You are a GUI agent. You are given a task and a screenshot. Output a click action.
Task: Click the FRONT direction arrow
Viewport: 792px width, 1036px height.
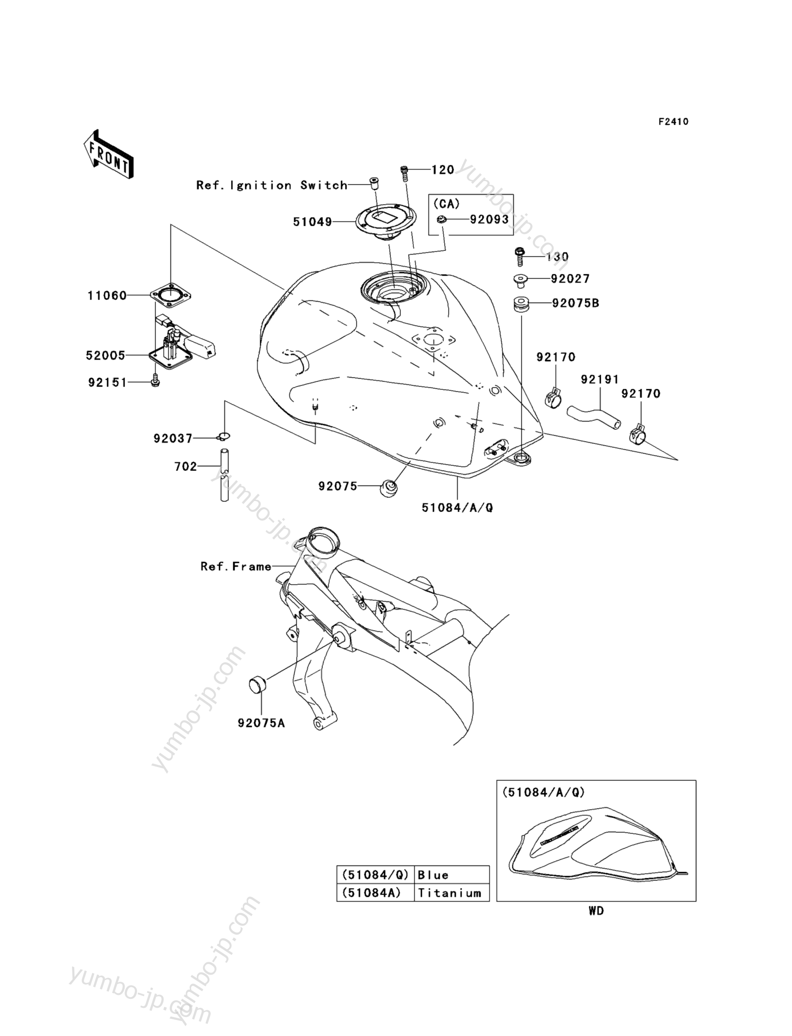[x=108, y=154]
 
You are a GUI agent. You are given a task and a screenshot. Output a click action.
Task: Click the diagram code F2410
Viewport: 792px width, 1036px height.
[x=673, y=121]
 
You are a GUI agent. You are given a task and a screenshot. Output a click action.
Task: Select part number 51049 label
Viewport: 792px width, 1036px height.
[x=313, y=222]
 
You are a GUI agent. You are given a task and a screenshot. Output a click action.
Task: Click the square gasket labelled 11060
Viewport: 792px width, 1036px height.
[x=171, y=296]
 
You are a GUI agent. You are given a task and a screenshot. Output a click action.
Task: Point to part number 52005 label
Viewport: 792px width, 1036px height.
[x=106, y=356]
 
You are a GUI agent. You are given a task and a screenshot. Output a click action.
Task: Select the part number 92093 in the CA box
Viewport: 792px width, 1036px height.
[x=489, y=219]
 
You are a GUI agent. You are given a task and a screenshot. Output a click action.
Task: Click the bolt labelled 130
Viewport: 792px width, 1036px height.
[x=519, y=256]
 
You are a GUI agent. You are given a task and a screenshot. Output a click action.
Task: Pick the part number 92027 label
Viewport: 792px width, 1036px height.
[x=570, y=279]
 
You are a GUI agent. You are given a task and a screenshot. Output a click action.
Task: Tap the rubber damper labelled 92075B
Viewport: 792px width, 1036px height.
[x=520, y=304]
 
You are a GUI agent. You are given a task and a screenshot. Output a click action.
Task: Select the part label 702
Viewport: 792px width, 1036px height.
[x=185, y=467]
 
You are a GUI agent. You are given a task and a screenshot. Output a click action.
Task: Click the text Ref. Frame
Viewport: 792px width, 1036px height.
[x=236, y=566]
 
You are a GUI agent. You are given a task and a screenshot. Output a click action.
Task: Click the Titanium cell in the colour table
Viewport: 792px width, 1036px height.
[x=449, y=893]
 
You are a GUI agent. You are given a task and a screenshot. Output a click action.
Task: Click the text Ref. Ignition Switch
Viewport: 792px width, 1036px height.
[x=272, y=185]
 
